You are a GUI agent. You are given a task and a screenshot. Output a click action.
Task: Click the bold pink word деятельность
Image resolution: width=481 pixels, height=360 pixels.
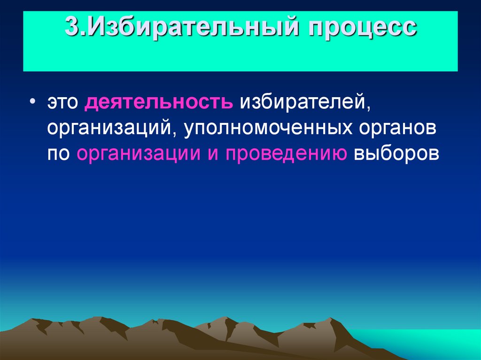159,102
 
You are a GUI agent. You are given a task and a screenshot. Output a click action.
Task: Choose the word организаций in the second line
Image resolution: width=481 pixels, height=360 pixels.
109,128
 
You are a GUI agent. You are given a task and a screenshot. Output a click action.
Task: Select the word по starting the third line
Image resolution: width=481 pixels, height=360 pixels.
57,153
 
